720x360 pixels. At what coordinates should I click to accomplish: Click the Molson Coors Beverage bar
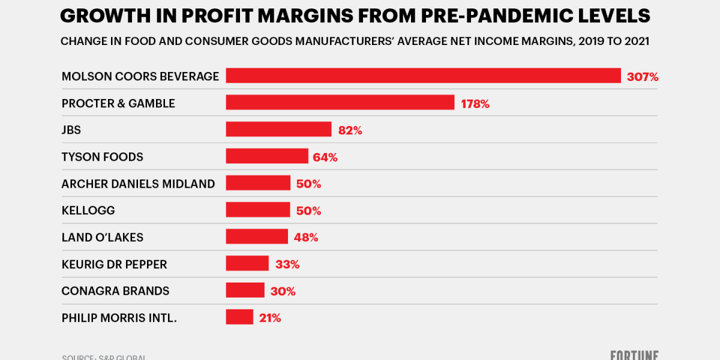click(x=423, y=76)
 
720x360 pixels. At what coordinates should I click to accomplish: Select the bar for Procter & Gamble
click(x=340, y=103)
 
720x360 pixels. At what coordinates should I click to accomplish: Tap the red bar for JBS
click(x=278, y=129)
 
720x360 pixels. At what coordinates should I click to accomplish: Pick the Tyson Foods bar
click(x=266, y=156)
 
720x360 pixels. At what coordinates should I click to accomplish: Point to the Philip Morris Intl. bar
click(x=239, y=317)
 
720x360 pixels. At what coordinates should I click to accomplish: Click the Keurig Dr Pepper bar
click(x=247, y=263)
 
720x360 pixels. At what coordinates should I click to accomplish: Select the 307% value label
click(x=643, y=77)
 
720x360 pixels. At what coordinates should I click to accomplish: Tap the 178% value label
click(x=475, y=104)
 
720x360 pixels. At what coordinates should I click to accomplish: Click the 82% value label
click(x=349, y=130)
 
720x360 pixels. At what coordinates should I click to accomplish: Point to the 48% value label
click(x=306, y=237)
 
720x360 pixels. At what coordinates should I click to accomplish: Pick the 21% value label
click(x=270, y=318)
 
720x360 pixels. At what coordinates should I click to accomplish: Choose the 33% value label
click(x=287, y=264)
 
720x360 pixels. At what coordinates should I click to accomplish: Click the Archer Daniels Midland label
click(x=138, y=184)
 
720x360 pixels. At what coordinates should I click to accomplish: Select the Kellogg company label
click(x=88, y=211)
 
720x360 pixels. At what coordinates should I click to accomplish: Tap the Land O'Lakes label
click(x=103, y=237)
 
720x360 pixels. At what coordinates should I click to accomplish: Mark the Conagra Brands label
click(x=115, y=291)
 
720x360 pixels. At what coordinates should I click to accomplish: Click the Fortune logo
click(x=635, y=355)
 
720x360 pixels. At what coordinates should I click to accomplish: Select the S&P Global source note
click(x=104, y=357)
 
